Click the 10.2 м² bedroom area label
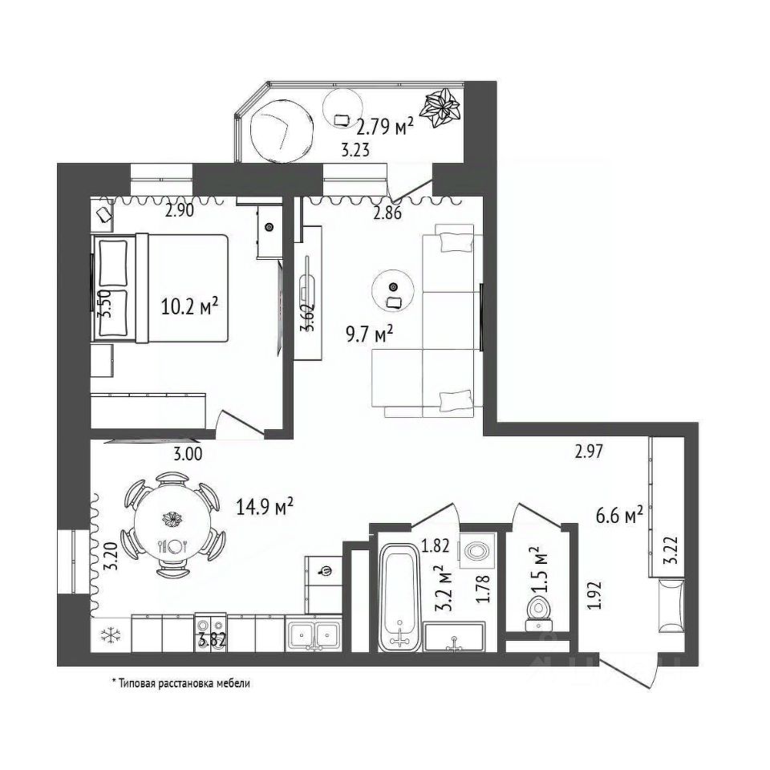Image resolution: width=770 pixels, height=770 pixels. click(189, 307)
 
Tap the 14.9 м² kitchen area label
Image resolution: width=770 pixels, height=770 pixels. click(265, 506)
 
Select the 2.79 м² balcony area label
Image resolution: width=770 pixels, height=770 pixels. click(384, 127)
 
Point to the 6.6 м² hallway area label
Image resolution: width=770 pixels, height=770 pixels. click(619, 516)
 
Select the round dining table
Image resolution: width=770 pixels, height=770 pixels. click(172, 523)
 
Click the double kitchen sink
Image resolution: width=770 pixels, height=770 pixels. click(314, 636)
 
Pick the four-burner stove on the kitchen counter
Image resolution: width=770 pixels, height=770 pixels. click(210, 633)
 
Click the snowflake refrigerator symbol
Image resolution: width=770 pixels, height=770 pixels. click(111, 636)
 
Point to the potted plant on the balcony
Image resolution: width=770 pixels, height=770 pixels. click(442, 107)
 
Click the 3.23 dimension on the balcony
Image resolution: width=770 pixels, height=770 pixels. click(355, 150)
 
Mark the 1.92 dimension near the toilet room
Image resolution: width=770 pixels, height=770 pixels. click(594, 595)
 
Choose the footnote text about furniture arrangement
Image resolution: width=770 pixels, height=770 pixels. click(180, 683)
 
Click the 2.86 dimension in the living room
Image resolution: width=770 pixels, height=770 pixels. click(387, 213)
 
